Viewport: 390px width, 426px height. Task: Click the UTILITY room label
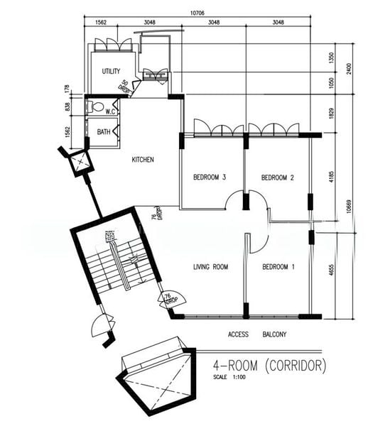click(x=111, y=71)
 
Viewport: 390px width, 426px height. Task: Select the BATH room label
click(x=104, y=132)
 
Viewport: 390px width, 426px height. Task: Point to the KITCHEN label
click(x=143, y=160)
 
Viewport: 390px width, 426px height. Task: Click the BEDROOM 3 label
click(x=210, y=177)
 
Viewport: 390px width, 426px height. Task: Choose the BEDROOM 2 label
click(x=278, y=177)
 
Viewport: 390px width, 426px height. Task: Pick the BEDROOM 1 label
click(x=278, y=267)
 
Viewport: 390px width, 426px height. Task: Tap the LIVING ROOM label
click(x=210, y=267)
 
